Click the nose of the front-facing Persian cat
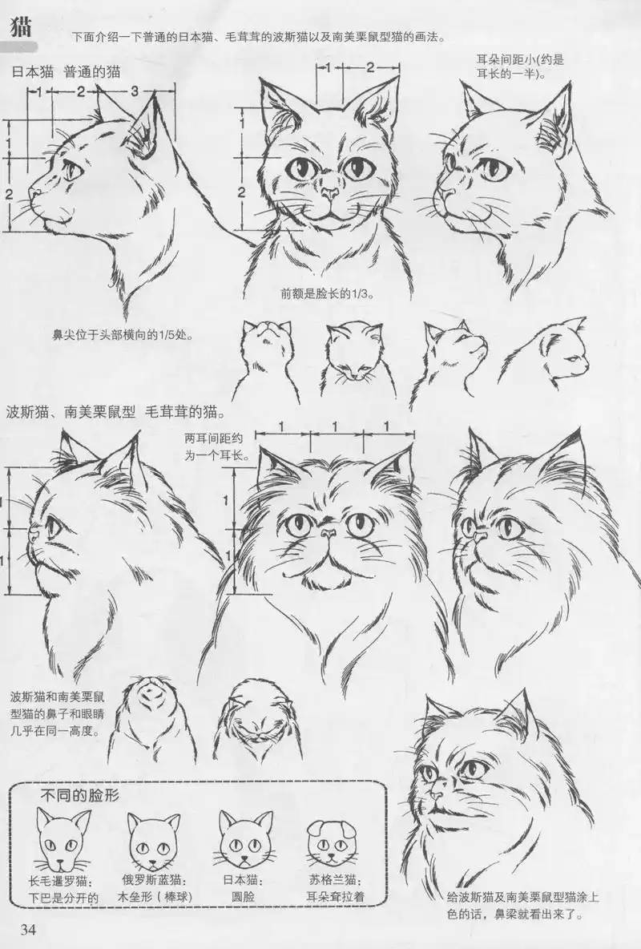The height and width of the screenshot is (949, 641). (327, 532)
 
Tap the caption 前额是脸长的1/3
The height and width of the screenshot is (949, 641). (329, 294)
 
